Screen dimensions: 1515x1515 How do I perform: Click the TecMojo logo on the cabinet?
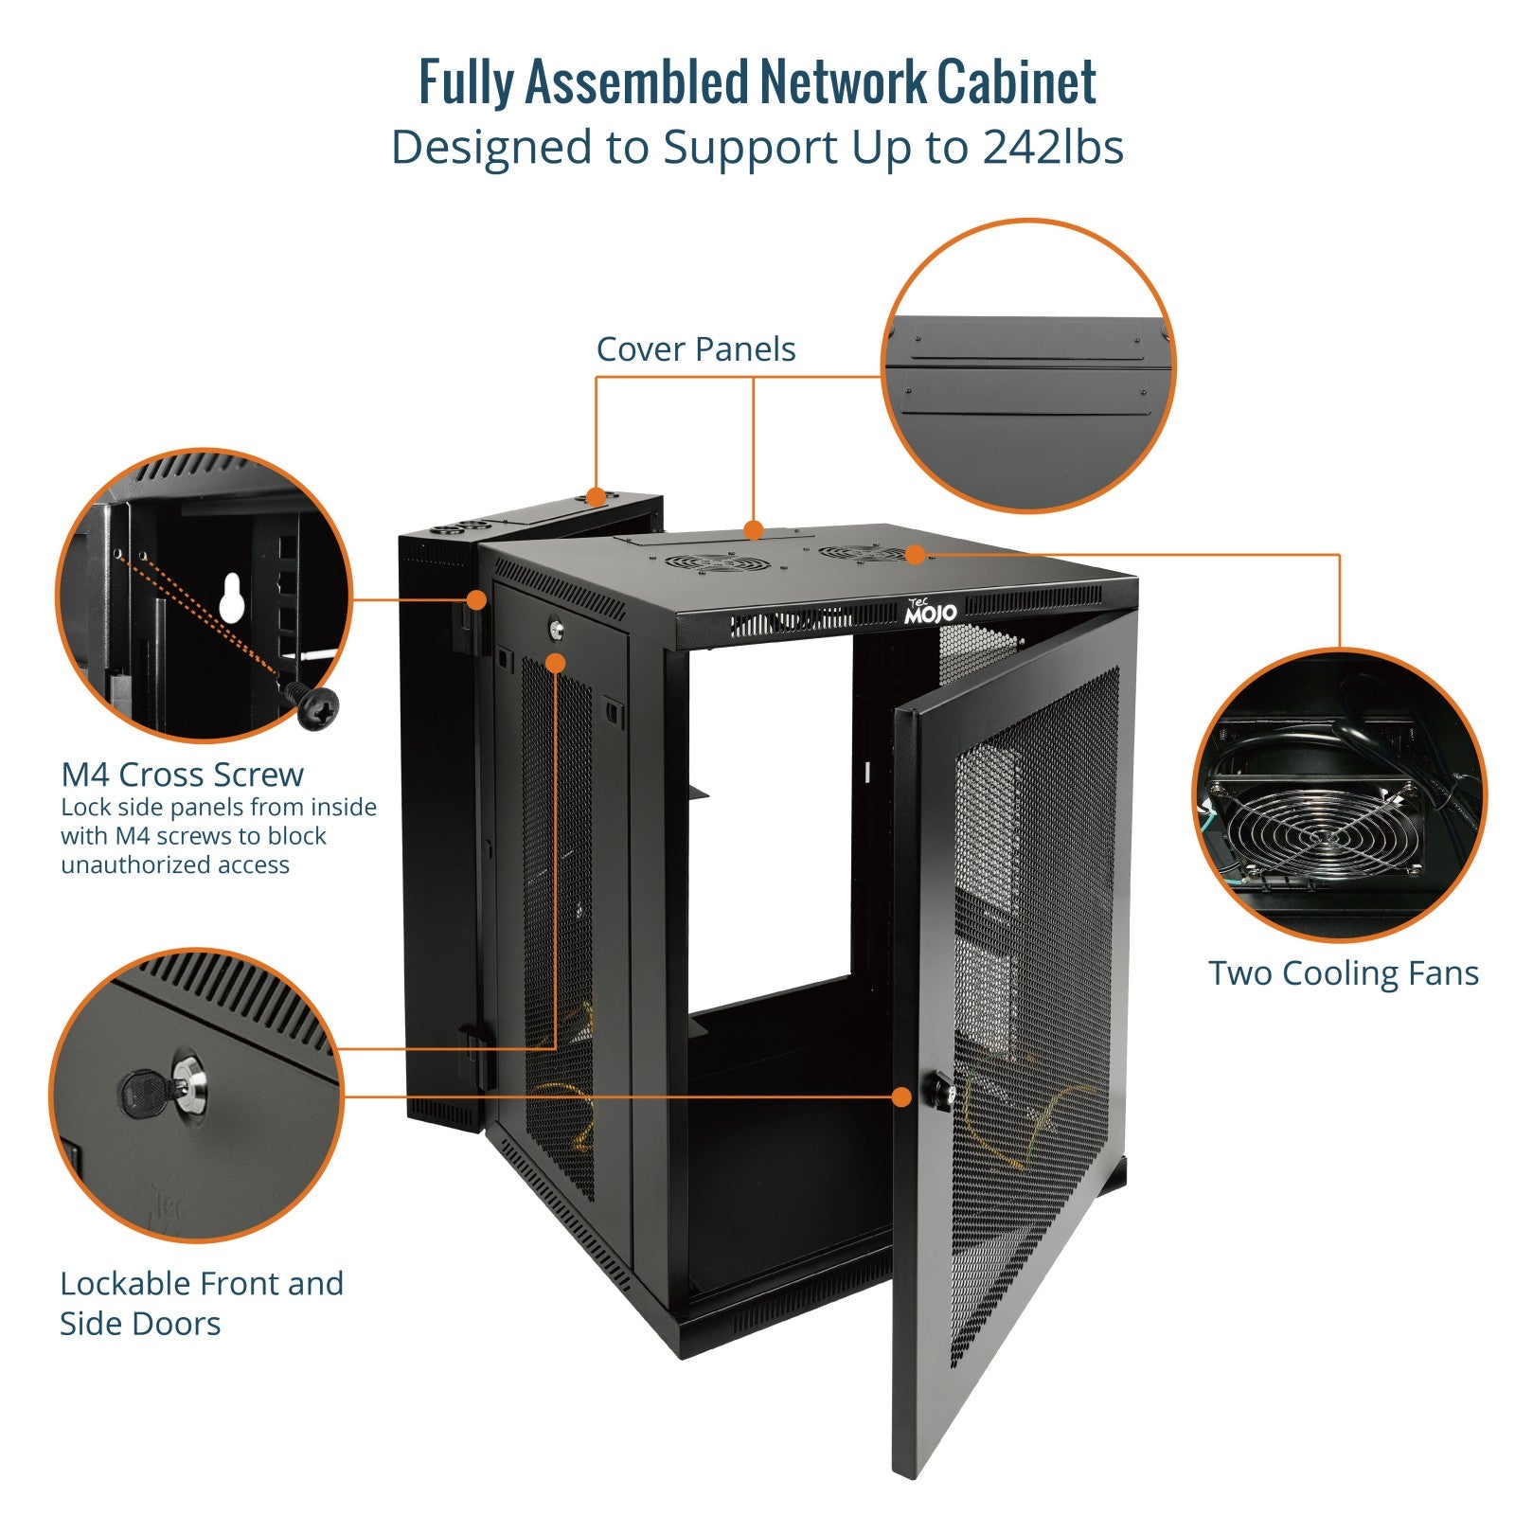(930, 612)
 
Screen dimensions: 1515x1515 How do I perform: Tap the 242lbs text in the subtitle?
(1053, 148)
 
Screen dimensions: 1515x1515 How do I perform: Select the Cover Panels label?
(696, 349)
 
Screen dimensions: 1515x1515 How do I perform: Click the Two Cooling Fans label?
(1344, 973)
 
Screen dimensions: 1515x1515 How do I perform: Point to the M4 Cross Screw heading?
(182, 775)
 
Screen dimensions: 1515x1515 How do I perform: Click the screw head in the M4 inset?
(318, 707)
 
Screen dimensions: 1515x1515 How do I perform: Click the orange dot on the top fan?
(915, 555)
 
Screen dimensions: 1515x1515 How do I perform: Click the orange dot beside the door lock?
(901, 1096)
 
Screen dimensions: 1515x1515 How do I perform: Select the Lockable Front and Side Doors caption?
(202, 1303)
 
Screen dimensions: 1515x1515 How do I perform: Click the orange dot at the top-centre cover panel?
(753, 528)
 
